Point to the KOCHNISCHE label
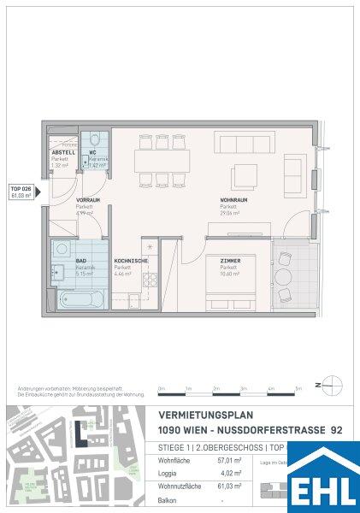132,260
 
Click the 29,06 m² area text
228,214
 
